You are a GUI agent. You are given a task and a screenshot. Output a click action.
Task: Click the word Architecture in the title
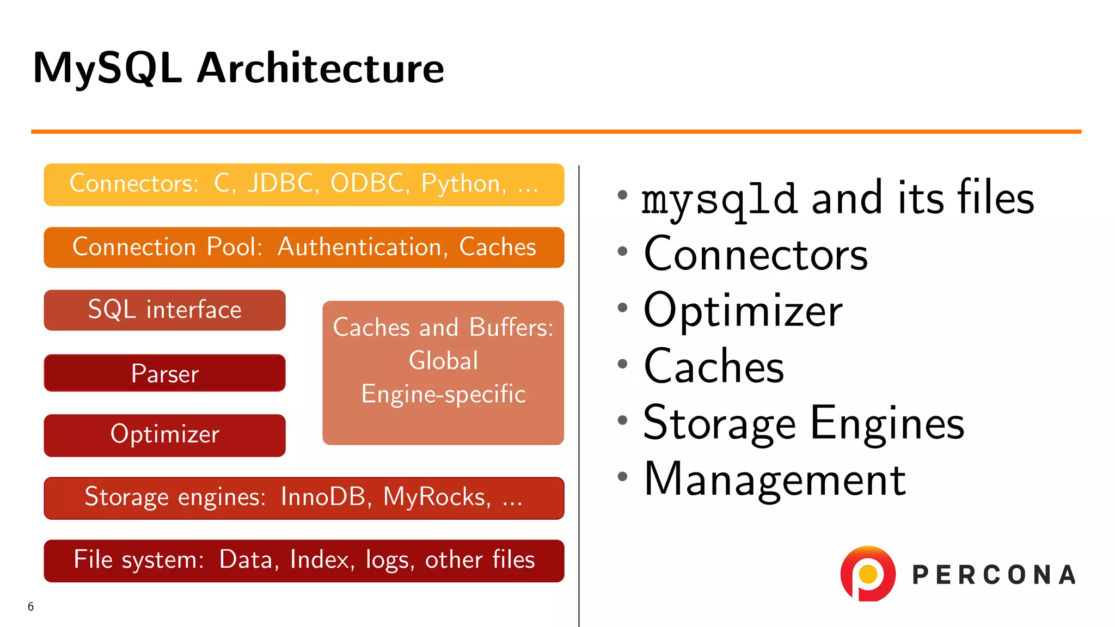coord(320,69)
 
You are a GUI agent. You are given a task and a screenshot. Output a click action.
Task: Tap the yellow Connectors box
coord(304,185)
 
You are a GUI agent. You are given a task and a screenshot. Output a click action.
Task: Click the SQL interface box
coord(164,310)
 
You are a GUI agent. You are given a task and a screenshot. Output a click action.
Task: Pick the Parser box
coord(164,373)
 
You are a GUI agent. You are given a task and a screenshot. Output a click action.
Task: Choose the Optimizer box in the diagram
coord(164,435)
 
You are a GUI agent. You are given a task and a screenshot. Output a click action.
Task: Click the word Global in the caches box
coord(443,361)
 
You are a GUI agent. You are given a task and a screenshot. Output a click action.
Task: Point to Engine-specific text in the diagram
coord(443,394)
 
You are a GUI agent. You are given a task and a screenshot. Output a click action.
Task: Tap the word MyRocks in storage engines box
coord(434,497)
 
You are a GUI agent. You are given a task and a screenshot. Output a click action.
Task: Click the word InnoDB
coord(323,497)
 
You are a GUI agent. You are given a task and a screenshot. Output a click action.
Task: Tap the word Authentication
coord(359,247)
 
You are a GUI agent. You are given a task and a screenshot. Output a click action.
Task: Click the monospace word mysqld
coord(719,200)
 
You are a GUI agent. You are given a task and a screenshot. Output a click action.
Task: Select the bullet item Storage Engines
coord(803,423)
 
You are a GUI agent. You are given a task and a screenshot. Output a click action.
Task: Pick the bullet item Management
coord(774,479)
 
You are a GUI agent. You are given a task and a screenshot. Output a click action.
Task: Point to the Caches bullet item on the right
coord(713,366)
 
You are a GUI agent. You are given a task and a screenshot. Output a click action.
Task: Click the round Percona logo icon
coord(868,574)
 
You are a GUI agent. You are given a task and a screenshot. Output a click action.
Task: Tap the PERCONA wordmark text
coord(994,575)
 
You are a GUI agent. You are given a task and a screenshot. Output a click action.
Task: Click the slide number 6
coord(31,606)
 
